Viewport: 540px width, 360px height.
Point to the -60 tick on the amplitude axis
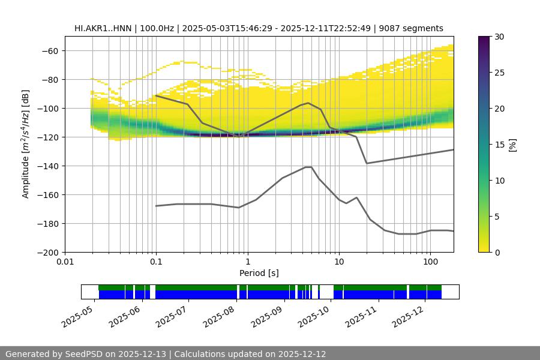click(x=50, y=51)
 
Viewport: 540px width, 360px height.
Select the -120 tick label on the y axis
click(x=48, y=137)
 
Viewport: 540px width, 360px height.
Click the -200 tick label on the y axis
click(x=48, y=253)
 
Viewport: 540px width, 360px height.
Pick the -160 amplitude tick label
click(x=48, y=195)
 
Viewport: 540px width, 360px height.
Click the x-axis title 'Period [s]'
click(x=259, y=273)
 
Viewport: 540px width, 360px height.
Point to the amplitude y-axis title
click(x=26, y=144)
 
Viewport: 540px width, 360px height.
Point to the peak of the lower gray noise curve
click(x=308, y=167)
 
